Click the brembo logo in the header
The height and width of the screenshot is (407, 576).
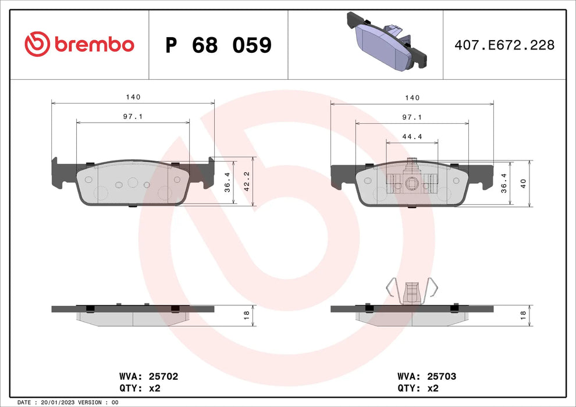point(79,44)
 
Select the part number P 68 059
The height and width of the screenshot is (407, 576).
point(218,45)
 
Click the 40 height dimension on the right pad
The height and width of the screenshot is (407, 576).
point(523,183)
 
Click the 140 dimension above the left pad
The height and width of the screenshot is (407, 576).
point(133,98)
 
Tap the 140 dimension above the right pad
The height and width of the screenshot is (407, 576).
point(411,98)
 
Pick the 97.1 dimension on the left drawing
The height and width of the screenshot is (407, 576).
point(133,117)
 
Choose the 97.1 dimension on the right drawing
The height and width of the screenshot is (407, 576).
point(411,117)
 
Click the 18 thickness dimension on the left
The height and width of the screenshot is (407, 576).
point(246,315)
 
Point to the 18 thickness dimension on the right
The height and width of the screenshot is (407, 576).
point(523,315)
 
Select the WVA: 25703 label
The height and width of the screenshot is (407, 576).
point(426,377)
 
